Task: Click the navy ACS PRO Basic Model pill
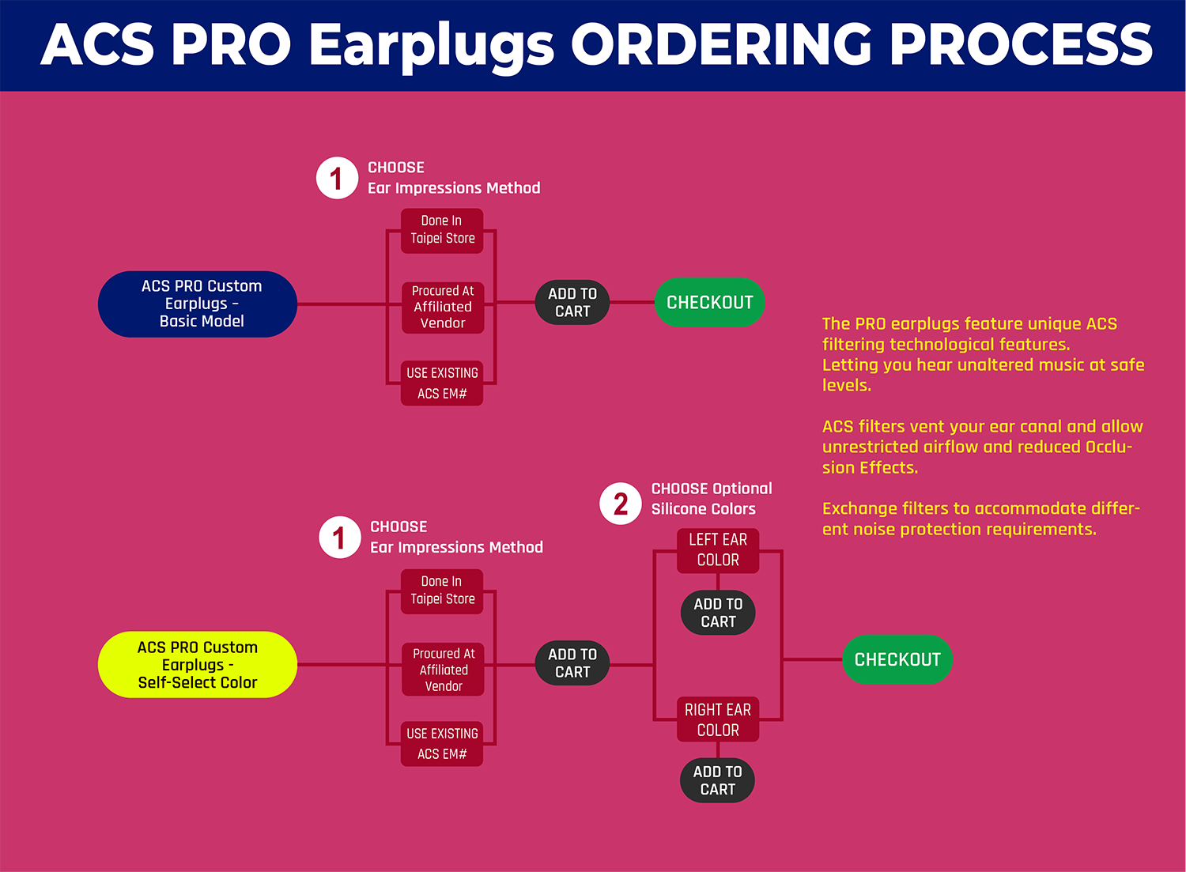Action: (198, 304)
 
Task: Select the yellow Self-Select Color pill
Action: (198, 664)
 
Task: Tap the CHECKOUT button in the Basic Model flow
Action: (709, 302)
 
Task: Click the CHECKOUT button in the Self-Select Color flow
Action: (897, 659)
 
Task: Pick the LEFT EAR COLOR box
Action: (718, 550)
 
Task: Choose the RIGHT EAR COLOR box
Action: (718, 719)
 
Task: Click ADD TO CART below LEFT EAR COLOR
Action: (718, 613)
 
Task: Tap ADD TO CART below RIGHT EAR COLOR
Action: (717, 780)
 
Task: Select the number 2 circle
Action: (621, 504)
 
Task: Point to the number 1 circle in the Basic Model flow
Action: (338, 178)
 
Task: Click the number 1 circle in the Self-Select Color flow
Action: (340, 538)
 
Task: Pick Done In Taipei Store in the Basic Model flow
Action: (442, 231)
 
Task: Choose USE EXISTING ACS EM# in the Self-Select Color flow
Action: (442, 744)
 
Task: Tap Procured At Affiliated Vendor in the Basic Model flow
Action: (443, 308)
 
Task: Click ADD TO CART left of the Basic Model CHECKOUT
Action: (572, 302)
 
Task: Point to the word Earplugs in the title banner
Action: (432, 47)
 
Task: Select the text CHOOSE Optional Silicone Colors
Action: (712, 499)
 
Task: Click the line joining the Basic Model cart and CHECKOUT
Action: (633, 302)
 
